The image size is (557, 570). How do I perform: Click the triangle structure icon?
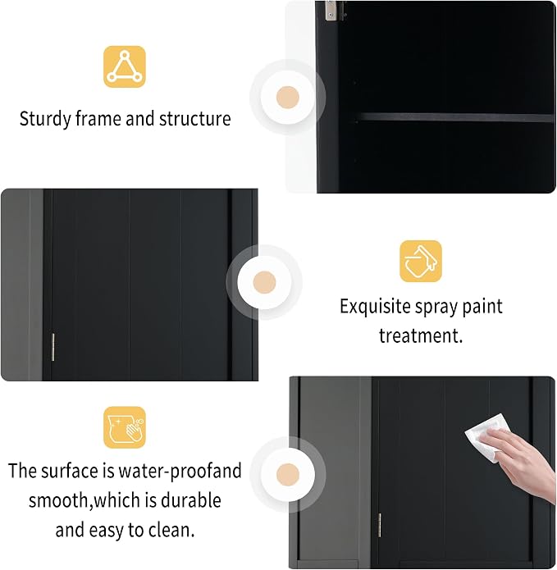(x=125, y=66)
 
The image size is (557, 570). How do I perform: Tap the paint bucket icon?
(x=421, y=261)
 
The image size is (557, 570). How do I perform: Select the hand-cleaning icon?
(x=125, y=427)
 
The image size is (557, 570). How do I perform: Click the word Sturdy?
(x=45, y=119)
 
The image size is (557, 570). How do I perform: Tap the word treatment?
(x=421, y=335)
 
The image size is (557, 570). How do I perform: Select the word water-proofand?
(x=180, y=471)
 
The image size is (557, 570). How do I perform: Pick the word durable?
(x=191, y=500)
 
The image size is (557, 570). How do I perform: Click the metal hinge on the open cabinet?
(x=331, y=11)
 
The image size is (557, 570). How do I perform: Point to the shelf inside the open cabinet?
(x=454, y=117)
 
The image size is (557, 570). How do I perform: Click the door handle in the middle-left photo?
(x=53, y=347)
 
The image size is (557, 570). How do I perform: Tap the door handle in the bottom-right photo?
(x=380, y=525)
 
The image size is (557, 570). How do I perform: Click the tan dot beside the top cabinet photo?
(x=288, y=98)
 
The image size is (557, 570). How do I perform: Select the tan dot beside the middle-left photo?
(x=264, y=282)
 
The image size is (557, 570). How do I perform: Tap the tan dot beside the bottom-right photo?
(x=288, y=474)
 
